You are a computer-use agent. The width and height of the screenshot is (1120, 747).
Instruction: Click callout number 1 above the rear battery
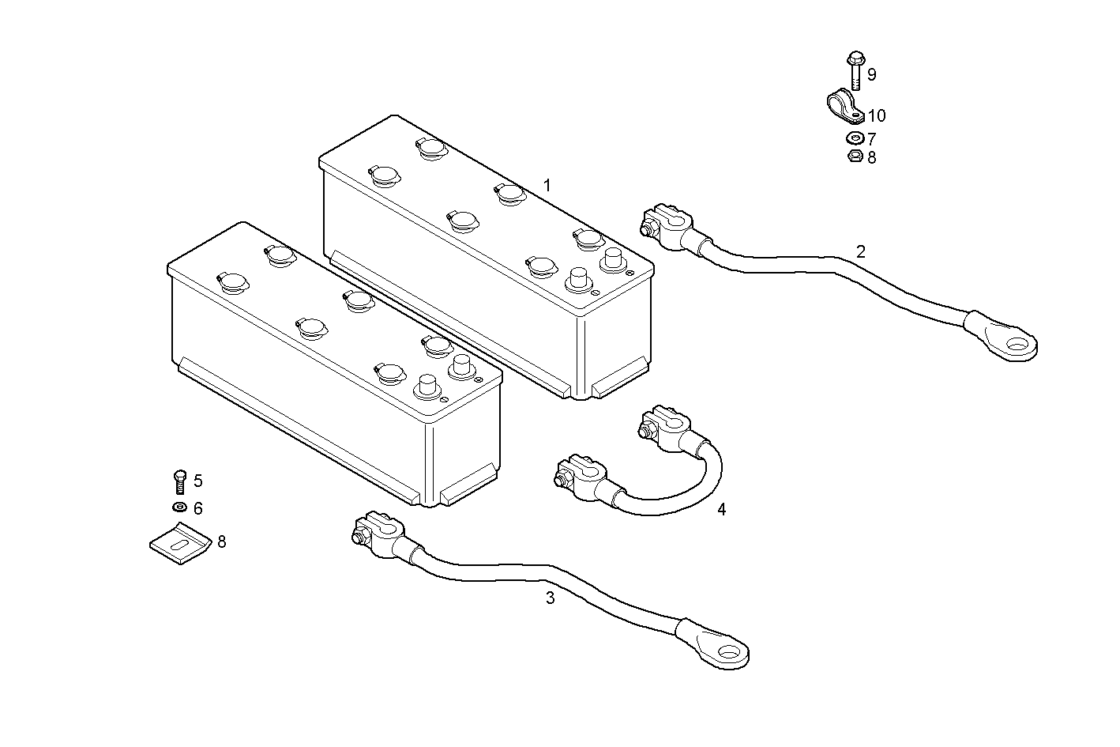pyautogui.click(x=547, y=186)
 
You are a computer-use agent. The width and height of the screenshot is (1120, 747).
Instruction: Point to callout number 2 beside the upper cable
pyautogui.click(x=861, y=252)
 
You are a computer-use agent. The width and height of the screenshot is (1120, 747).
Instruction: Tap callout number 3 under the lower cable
pyautogui.click(x=551, y=598)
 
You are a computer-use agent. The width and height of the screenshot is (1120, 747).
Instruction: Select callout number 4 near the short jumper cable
pyautogui.click(x=721, y=510)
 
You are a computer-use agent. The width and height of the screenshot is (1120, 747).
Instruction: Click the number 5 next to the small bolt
pyautogui.click(x=198, y=481)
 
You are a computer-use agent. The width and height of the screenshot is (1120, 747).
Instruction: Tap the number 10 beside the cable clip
pyautogui.click(x=877, y=116)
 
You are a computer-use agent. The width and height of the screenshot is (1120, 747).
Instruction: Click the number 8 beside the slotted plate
pyautogui.click(x=222, y=541)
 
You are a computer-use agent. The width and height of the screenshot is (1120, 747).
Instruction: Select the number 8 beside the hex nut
pyautogui.click(x=871, y=158)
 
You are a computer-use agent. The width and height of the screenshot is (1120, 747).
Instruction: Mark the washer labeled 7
pyautogui.click(x=854, y=139)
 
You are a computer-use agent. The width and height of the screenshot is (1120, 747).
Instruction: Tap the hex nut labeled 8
pyautogui.click(x=854, y=157)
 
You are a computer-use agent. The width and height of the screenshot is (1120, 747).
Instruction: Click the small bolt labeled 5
pyautogui.click(x=179, y=481)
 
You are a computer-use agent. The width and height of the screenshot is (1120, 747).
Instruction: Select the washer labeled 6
pyautogui.click(x=179, y=507)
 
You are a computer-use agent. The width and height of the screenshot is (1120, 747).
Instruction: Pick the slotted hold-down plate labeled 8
pyautogui.click(x=181, y=545)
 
